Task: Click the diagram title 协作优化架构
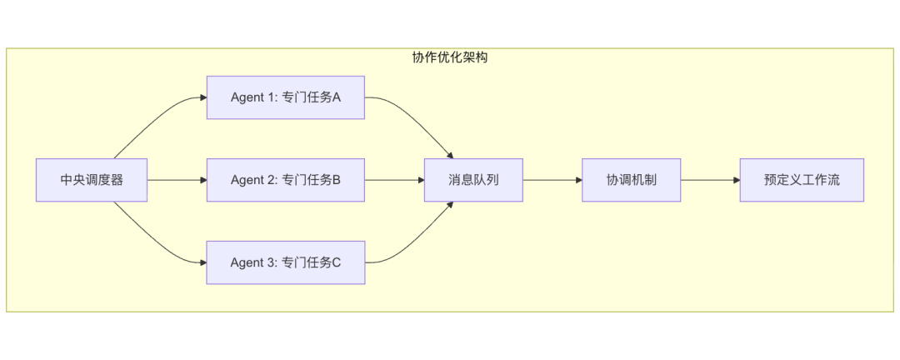[449, 57]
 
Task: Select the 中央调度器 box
[92, 180]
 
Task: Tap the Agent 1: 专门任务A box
[285, 97]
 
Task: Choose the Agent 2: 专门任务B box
[285, 180]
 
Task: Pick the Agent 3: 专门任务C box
[285, 262]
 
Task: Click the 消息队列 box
[473, 180]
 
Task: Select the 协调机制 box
[631, 180]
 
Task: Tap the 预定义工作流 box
[801, 180]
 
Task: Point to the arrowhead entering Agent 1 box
[202, 97]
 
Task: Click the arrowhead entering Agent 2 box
[202, 180]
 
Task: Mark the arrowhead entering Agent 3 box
[202, 262]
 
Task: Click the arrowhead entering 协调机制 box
[577, 180]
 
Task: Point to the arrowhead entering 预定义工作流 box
[736, 180]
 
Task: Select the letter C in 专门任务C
[336, 262]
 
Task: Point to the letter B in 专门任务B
[336, 180]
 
